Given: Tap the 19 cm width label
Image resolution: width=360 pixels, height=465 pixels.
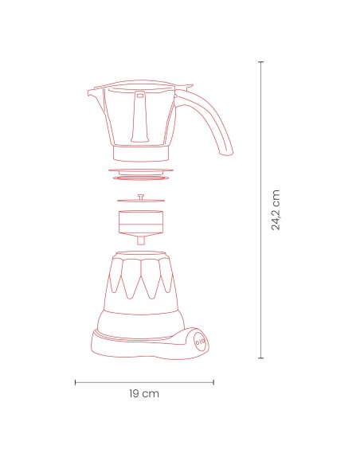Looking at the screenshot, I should [x=144, y=394].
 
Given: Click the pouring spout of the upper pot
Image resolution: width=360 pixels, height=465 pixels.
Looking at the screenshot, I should [x=92, y=92].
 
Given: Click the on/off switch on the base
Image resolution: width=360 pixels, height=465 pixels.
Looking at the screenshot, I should [x=198, y=340].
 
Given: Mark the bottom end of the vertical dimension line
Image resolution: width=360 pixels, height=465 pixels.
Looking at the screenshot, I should [x=261, y=358].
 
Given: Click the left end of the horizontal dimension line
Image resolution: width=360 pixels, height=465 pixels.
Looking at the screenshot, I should [x=76, y=382].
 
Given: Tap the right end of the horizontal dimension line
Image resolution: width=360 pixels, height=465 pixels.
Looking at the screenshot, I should [x=213, y=382].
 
